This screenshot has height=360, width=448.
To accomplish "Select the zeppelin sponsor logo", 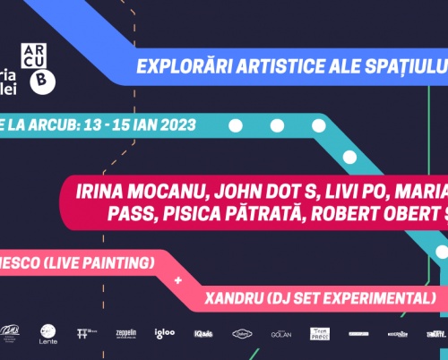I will pyautogui.click(x=126, y=332).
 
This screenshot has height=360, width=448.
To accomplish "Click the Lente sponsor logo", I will pyautogui.click(x=48, y=334).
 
